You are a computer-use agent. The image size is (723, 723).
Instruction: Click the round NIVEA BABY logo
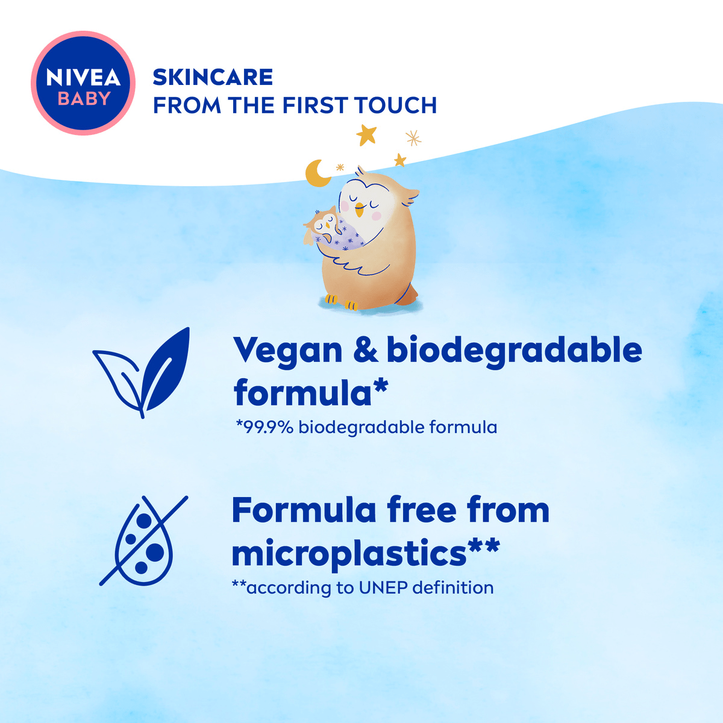(x=83, y=83)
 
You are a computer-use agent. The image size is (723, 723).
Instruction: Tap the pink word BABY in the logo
(x=84, y=99)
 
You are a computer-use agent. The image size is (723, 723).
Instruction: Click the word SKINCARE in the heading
(x=213, y=77)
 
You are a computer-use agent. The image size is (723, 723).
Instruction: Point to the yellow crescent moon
(x=316, y=174)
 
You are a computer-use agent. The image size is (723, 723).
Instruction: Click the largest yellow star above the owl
(x=366, y=134)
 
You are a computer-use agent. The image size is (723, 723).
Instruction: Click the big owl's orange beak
(x=360, y=210)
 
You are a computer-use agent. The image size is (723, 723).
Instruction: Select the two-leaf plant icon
(x=142, y=372)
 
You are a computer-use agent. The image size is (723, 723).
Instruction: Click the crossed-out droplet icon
(x=143, y=540)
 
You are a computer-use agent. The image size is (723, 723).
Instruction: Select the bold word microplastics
(x=349, y=554)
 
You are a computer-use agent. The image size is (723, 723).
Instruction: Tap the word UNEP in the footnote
(x=383, y=588)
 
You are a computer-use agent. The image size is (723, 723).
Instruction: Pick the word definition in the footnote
(x=453, y=587)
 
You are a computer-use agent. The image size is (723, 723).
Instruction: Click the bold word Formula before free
(x=304, y=510)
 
